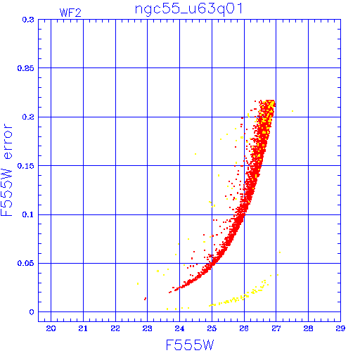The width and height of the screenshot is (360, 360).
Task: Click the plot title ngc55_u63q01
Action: (188, 9)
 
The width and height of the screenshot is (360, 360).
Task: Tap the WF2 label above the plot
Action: (70, 13)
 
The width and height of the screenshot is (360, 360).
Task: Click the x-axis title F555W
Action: (190, 345)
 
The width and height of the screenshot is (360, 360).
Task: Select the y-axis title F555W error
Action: (6, 170)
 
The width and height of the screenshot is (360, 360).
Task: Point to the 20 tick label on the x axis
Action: (51, 328)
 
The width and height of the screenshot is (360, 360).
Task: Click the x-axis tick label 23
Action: (148, 328)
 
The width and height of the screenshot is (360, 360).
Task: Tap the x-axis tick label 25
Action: (212, 328)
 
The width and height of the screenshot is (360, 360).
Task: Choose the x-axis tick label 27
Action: (276, 328)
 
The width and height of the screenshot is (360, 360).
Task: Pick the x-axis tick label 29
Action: (340, 328)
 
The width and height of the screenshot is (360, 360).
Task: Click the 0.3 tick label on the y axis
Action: (28, 20)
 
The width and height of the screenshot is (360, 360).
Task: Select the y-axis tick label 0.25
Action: (26, 68)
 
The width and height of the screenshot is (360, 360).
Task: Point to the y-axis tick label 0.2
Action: (28, 117)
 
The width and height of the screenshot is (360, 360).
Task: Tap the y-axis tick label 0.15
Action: (26, 166)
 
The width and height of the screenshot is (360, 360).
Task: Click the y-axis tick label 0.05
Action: (26, 263)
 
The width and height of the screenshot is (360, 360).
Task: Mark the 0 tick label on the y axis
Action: (32, 312)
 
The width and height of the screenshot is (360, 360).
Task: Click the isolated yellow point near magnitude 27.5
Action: (292, 111)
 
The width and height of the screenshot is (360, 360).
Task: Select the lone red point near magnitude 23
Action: (146, 299)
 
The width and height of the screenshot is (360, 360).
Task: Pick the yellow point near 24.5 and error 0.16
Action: (195, 154)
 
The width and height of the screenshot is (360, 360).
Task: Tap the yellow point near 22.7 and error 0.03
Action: (138, 284)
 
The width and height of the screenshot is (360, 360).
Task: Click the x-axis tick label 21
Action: (83, 328)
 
